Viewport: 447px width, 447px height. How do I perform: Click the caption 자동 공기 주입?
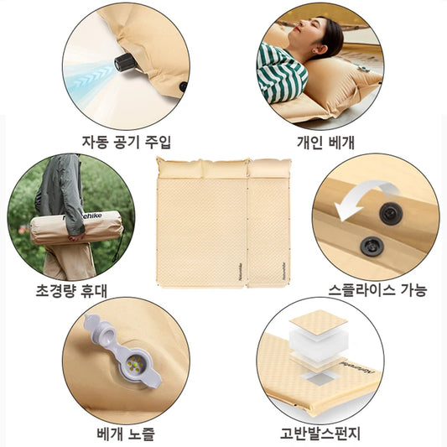click(x=127, y=142)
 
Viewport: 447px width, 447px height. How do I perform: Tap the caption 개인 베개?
click(x=325, y=142)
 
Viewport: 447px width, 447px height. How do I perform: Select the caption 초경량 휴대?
click(x=71, y=290)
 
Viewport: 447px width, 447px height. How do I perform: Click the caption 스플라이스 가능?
click(x=377, y=290)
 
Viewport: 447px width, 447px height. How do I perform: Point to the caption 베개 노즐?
click(x=126, y=434)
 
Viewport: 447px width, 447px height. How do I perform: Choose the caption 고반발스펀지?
click(x=320, y=433)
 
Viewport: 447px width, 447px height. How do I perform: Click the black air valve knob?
click(x=125, y=62)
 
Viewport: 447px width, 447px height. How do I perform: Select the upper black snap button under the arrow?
click(x=391, y=214)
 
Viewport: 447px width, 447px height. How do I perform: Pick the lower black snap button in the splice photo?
click(x=372, y=247)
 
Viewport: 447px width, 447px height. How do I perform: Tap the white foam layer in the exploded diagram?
click(x=319, y=341)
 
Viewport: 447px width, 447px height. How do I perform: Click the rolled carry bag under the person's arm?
click(x=76, y=227)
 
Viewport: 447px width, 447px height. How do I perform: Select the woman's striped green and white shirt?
click(x=281, y=75)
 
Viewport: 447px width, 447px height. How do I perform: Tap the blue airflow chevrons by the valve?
click(x=91, y=77)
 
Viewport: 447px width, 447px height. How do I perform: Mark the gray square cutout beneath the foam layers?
click(x=320, y=380)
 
